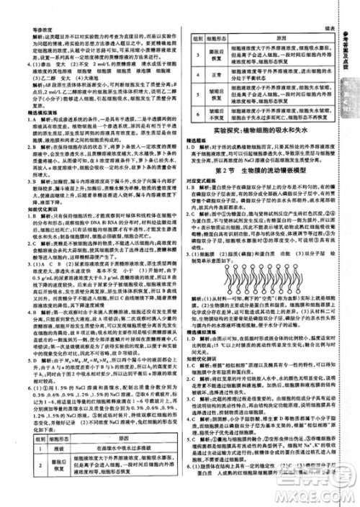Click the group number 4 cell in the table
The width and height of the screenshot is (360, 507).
195,74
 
